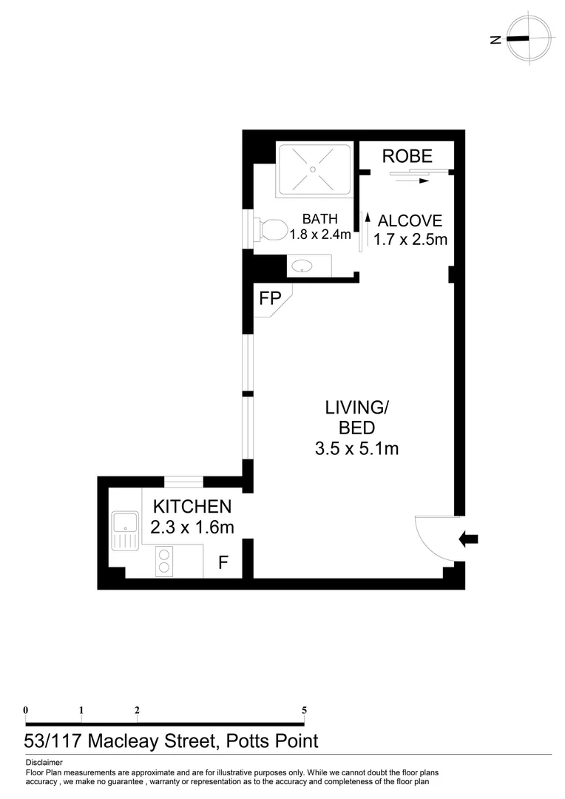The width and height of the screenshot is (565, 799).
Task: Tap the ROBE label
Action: [x=407, y=156]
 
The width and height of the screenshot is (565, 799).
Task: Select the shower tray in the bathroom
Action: [x=313, y=169]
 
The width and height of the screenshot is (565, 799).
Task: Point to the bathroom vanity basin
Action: [x=302, y=266]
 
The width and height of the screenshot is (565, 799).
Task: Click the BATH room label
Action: [x=319, y=219]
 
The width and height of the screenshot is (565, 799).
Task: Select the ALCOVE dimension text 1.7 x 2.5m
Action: [x=410, y=239]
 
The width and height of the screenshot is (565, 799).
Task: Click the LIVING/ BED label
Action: [x=356, y=417]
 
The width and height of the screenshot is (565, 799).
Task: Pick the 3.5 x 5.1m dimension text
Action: [x=357, y=448]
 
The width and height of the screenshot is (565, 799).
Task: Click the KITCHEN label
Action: [x=192, y=507]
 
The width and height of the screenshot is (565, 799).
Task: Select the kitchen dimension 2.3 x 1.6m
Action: [x=192, y=527]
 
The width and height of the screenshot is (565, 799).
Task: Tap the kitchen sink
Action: [x=125, y=530]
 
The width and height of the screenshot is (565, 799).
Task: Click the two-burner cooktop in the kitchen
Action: [x=163, y=562]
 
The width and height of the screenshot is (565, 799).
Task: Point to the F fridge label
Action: [x=222, y=563]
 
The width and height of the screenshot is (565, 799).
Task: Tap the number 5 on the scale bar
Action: [x=304, y=710]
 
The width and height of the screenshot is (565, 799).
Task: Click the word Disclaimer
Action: [x=44, y=762]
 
